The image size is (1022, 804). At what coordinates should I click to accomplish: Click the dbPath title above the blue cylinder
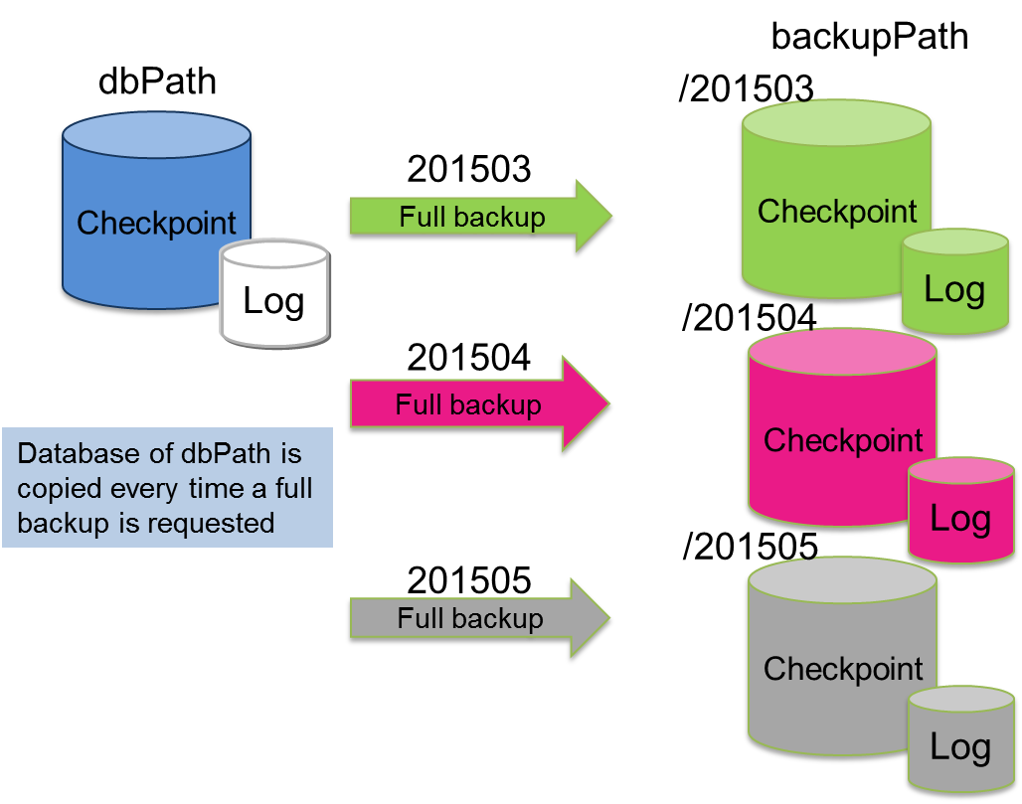157,82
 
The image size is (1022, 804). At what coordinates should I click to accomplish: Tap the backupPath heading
869,37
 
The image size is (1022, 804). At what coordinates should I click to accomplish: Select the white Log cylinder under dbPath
273,295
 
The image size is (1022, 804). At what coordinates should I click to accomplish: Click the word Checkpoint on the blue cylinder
156,223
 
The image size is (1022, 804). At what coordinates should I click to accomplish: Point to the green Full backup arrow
477,218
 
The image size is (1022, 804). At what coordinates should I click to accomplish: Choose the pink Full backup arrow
477,404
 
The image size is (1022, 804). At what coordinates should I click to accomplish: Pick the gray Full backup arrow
477,619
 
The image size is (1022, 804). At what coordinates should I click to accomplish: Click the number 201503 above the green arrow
468,170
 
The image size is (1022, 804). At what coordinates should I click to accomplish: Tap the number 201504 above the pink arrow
468,358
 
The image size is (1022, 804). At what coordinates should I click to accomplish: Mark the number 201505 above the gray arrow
468,580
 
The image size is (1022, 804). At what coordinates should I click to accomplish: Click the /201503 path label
746,89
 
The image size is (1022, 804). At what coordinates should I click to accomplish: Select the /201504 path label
750,319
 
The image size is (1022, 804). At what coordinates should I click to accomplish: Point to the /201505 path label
750,547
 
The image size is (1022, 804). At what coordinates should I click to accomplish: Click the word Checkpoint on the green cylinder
837,212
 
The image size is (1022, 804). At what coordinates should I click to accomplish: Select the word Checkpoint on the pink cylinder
843,440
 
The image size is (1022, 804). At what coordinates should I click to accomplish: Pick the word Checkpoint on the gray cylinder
843,669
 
